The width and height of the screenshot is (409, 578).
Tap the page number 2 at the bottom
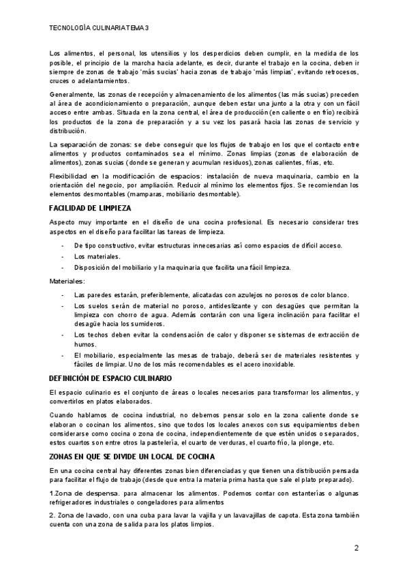pyautogui.click(x=357, y=548)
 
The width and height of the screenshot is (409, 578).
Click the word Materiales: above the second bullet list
pyautogui.click(x=67, y=281)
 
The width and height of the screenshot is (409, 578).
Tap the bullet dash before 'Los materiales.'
pyautogui.click(x=63, y=256)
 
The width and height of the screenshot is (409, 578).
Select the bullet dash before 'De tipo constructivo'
pyautogui.click(x=63, y=245)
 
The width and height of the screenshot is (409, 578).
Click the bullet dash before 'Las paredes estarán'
pyautogui.click(x=63, y=294)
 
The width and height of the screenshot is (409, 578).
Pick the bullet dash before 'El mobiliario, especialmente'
pyautogui.click(x=63, y=355)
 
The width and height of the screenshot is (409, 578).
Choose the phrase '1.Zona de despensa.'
pyautogui.click(x=81, y=492)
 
